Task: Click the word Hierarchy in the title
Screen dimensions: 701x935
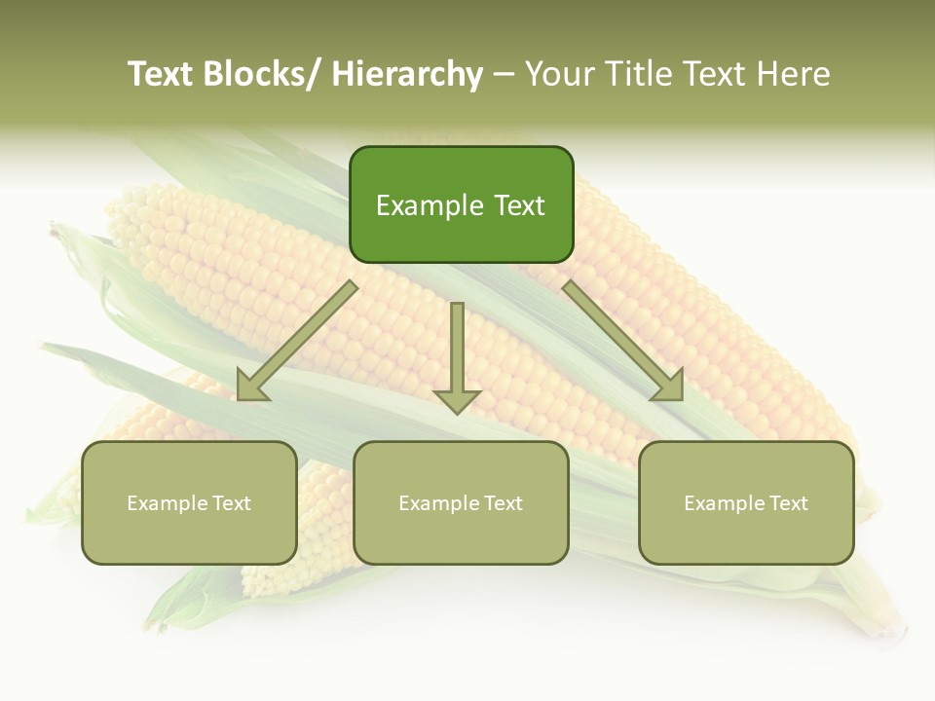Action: pyautogui.click(x=407, y=74)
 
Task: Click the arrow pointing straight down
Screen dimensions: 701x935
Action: pyautogui.click(x=457, y=350)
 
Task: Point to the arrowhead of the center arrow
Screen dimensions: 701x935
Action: pyautogui.click(x=457, y=399)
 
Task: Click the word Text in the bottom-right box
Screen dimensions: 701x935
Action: pyautogui.click(x=786, y=503)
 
